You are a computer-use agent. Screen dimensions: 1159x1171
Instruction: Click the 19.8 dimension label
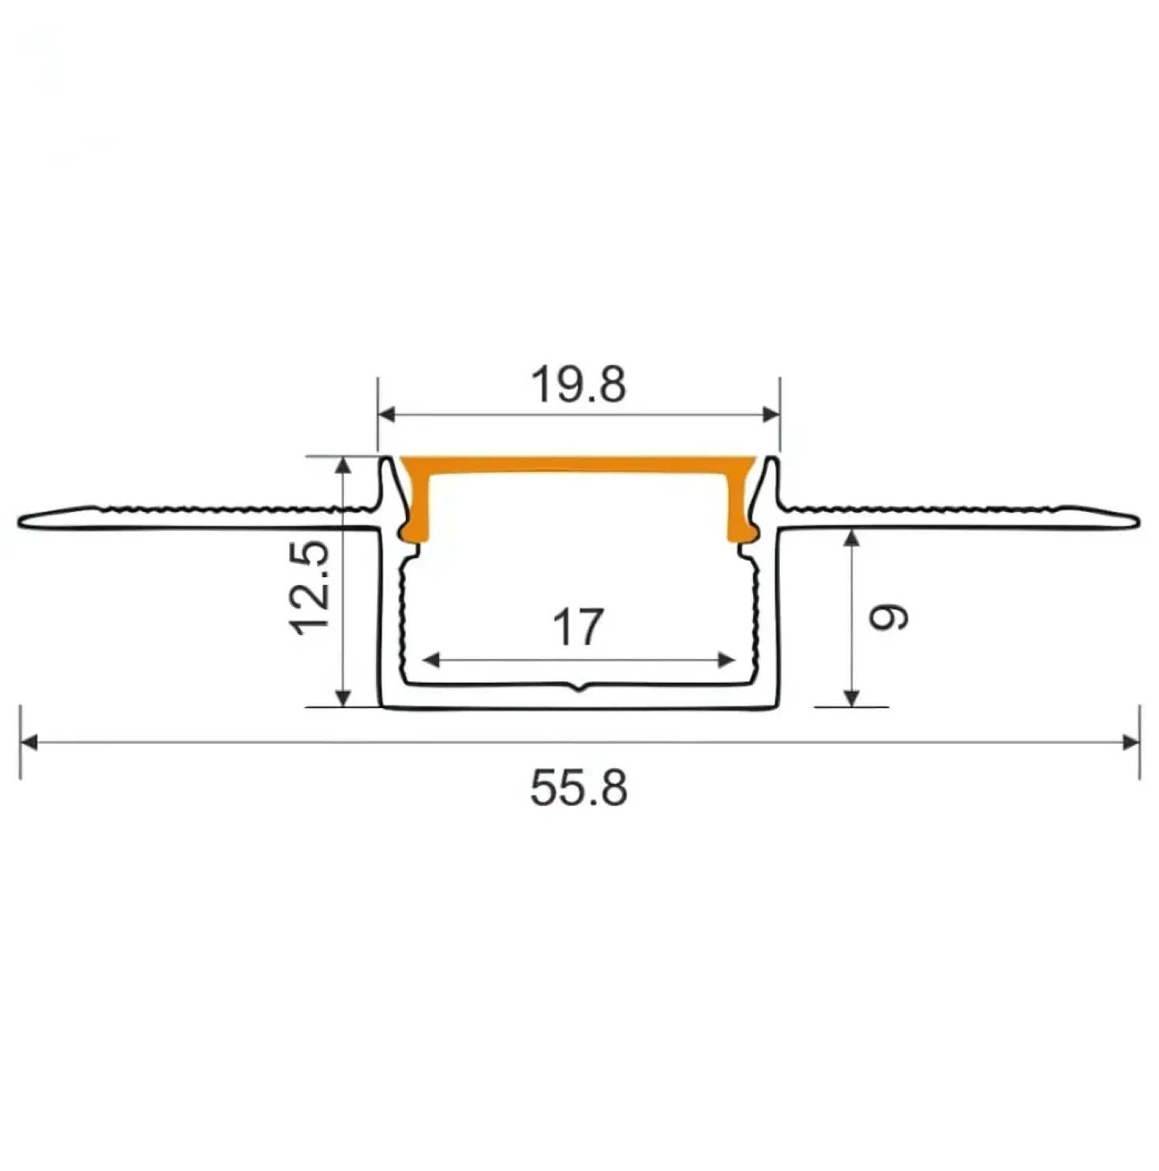click(579, 384)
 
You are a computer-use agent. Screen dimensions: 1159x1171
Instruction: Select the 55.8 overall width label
click(579, 788)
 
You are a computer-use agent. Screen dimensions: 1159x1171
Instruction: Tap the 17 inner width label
click(578, 627)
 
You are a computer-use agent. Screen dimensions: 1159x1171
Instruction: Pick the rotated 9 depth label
click(889, 617)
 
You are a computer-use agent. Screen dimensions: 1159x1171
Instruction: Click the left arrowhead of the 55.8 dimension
click(28, 742)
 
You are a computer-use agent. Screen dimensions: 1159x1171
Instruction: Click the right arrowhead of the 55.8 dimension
click(1131, 742)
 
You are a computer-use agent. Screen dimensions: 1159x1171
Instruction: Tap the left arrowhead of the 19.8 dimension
click(386, 414)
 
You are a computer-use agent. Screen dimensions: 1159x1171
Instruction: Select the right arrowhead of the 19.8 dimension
click(771, 414)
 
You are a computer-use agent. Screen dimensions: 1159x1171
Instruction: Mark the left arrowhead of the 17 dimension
click(432, 660)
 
